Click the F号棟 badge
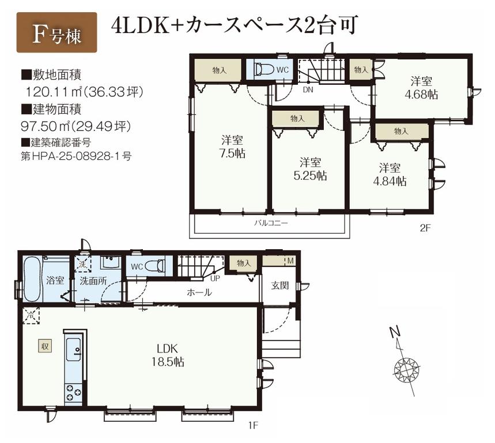pyautogui.click(x=57, y=32)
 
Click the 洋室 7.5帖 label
pyautogui.click(x=232, y=147)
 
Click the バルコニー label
pyautogui.click(x=270, y=222)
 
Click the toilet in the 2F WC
pyautogui.click(x=264, y=70)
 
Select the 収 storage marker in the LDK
pyautogui.click(x=44, y=346)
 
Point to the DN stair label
pyautogui.click(x=308, y=90)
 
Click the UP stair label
pyautogui.click(x=215, y=277)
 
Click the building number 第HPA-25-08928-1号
pyautogui.click(x=75, y=155)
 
